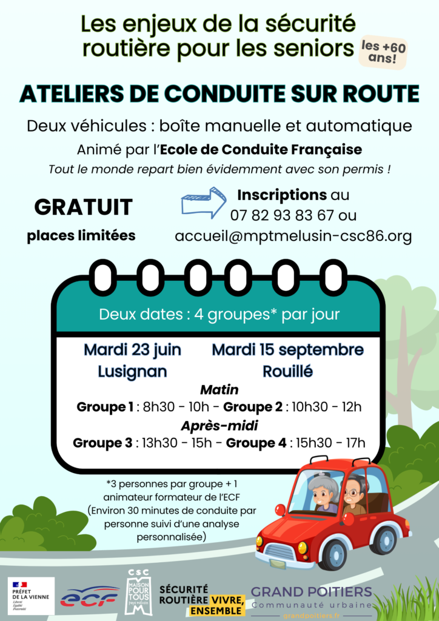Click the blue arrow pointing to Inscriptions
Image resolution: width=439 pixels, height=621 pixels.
click(204, 203)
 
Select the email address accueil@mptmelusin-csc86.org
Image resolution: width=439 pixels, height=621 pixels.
click(293, 237)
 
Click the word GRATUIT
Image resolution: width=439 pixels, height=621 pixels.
click(83, 207)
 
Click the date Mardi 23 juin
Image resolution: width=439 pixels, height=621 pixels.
click(132, 350)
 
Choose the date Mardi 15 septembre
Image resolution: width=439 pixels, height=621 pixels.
click(288, 350)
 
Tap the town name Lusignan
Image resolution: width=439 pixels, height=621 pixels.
click(132, 371)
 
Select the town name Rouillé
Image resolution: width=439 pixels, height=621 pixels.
click(288, 371)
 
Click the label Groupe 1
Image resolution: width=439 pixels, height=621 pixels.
click(105, 406)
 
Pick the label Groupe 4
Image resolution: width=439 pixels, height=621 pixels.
click(256, 443)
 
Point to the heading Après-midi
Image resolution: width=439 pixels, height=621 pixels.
click(219, 425)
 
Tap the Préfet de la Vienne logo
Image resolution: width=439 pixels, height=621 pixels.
click(30, 596)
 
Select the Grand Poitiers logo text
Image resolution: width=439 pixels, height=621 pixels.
click(311, 596)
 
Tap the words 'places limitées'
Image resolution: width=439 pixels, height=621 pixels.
click(81, 236)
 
